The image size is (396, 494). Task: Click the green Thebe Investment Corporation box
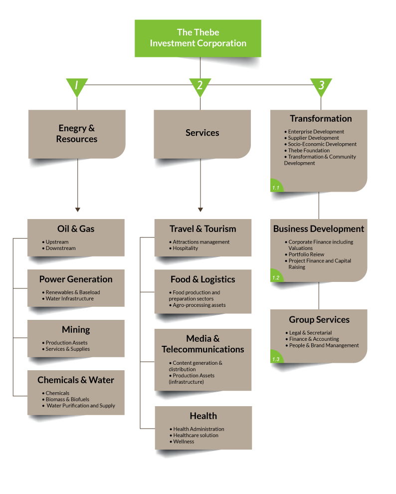click(x=198, y=38)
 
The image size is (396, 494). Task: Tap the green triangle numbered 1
click(x=77, y=86)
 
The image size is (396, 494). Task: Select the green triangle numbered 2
click(x=200, y=86)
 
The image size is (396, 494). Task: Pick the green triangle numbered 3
click(x=321, y=86)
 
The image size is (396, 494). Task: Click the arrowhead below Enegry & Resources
click(x=77, y=210)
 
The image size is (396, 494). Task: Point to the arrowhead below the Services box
click(x=200, y=210)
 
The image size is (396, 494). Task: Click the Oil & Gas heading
click(x=76, y=229)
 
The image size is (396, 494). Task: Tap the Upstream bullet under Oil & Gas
click(x=55, y=242)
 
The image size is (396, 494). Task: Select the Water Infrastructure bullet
click(x=68, y=299)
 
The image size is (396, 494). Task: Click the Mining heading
click(x=76, y=329)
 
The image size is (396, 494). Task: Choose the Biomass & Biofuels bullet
click(x=66, y=400)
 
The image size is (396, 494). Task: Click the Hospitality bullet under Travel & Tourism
click(x=184, y=248)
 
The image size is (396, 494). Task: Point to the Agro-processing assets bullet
click(x=198, y=305)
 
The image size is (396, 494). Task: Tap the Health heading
click(x=203, y=416)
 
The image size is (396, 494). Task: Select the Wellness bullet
click(x=182, y=442)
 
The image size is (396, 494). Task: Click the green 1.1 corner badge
click(x=276, y=186)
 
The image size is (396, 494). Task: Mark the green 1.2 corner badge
click(x=276, y=276)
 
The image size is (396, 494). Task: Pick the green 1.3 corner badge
click(x=276, y=357)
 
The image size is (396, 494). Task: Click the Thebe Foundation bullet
click(x=307, y=151)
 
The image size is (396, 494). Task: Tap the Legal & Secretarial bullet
click(x=309, y=333)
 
